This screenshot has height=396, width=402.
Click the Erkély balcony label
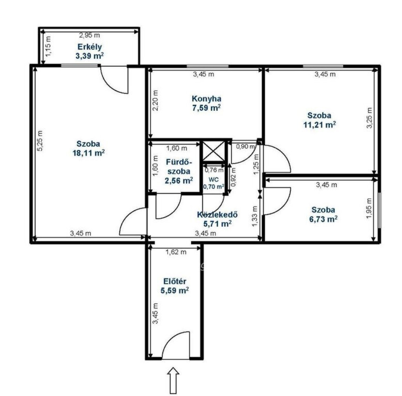pyautogui.click(x=90, y=47)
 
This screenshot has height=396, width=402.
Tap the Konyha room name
pyautogui.click(x=206, y=99)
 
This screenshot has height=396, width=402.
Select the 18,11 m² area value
pyautogui.click(x=89, y=153)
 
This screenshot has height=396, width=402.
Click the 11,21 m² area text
pyautogui.click(x=320, y=125)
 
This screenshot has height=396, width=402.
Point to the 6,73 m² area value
pyautogui.click(x=323, y=219)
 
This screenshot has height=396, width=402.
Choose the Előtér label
pyautogui.click(x=175, y=281)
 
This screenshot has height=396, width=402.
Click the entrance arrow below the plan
pyautogui.click(x=173, y=380)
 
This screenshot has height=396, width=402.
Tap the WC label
pyautogui.click(x=214, y=180)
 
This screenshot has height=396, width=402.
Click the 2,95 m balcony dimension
pyautogui.click(x=89, y=35)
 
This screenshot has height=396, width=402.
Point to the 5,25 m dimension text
pyautogui.click(x=40, y=141)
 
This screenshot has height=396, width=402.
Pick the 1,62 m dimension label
pyautogui.click(x=176, y=252)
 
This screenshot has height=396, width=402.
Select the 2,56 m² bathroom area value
pyautogui.click(x=179, y=181)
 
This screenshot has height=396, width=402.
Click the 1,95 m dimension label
pyautogui.click(x=369, y=208)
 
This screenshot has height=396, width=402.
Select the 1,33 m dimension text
pyautogui.click(x=255, y=217)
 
